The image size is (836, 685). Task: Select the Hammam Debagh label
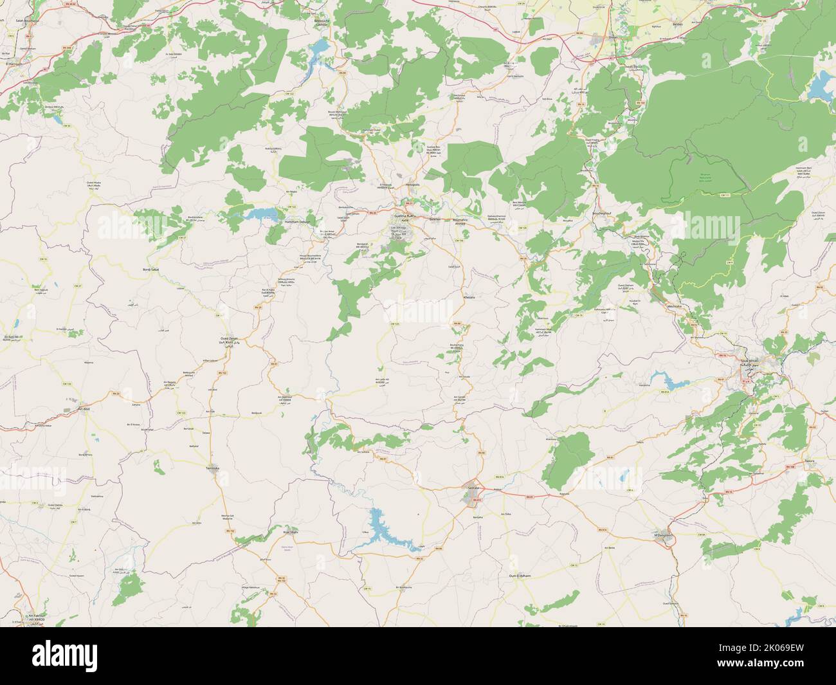[x=296, y=221]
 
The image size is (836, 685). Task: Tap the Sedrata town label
[x=474, y=489]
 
